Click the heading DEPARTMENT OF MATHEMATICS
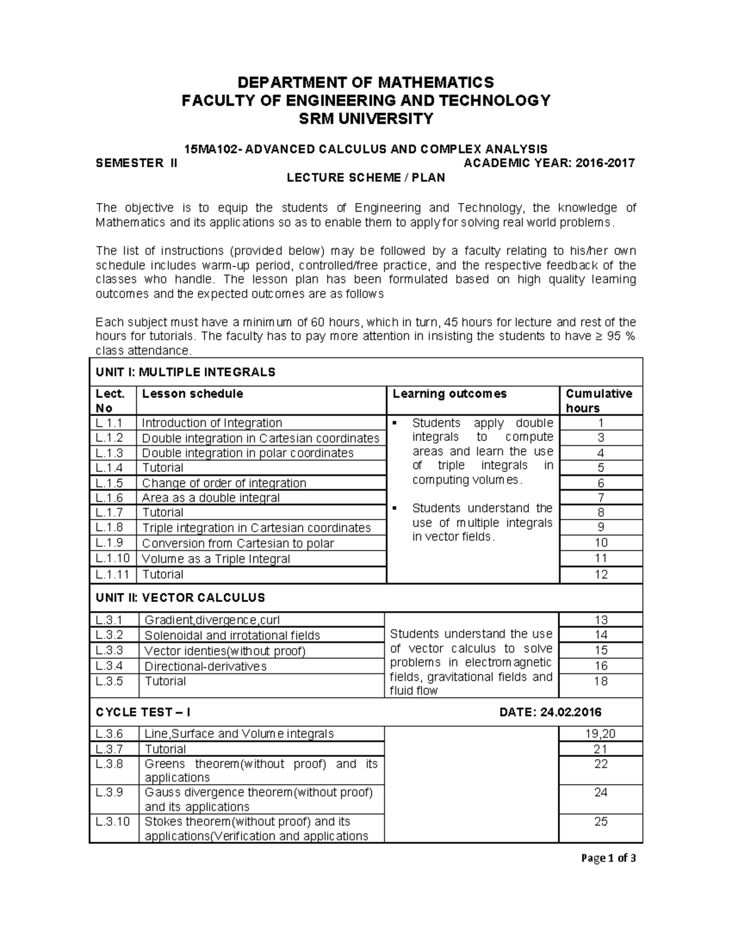pyautogui.click(x=365, y=82)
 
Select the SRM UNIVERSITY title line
pyautogui.click(x=365, y=119)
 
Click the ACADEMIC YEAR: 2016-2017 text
pyautogui.click(x=549, y=163)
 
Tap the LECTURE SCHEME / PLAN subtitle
pyautogui.click(x=365, y=177)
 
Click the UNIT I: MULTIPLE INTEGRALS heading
pyautogui.click(x=185, y=372)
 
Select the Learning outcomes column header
pyautogui.click(x=449, y=394)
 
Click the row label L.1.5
pyautogui.click(x=109, y=483)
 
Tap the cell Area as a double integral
pyautogui.click(x=210, y=498)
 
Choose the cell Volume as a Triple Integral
pyautogui.click(x=216, y=559)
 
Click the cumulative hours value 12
pyautogui.click(x=601, y=574)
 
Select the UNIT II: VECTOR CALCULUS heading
pyautogui.click(x=180, y=598)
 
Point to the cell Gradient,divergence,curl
pyautogui.click(x=212, y=620)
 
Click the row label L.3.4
pyautogui.click(x=110, y=666)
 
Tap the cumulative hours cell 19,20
pyautogui.click(x=601, y=734)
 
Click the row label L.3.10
pyautogui.click(x=113, y=821)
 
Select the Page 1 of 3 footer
pyautogui.click(x=608, y=859)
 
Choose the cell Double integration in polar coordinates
pyautogui.click(x=248, y=453)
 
